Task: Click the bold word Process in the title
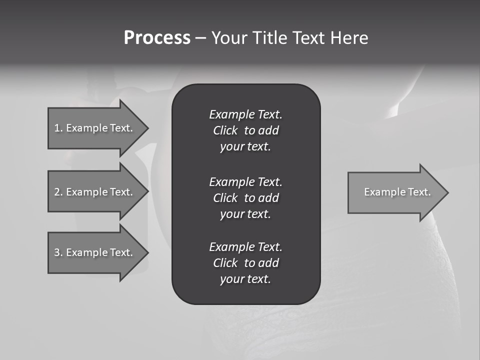157,38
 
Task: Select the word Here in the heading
349,38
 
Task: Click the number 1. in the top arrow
58,128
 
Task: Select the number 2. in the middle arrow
58,192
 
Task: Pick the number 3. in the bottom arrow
58,252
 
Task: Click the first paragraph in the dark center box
245,130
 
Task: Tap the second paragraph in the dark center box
245,198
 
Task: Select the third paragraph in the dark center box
245,263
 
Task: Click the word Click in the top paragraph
225,130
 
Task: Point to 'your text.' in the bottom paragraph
245,279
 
